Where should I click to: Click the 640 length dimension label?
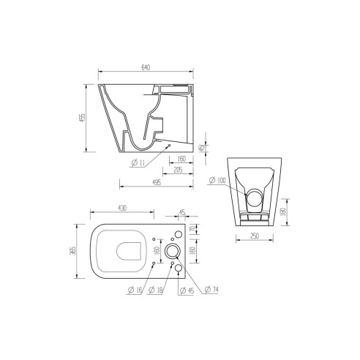[145, 68]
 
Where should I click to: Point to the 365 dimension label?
[82, 251]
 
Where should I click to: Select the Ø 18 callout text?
[157, 292]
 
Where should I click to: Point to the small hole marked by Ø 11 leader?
[170, 146]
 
